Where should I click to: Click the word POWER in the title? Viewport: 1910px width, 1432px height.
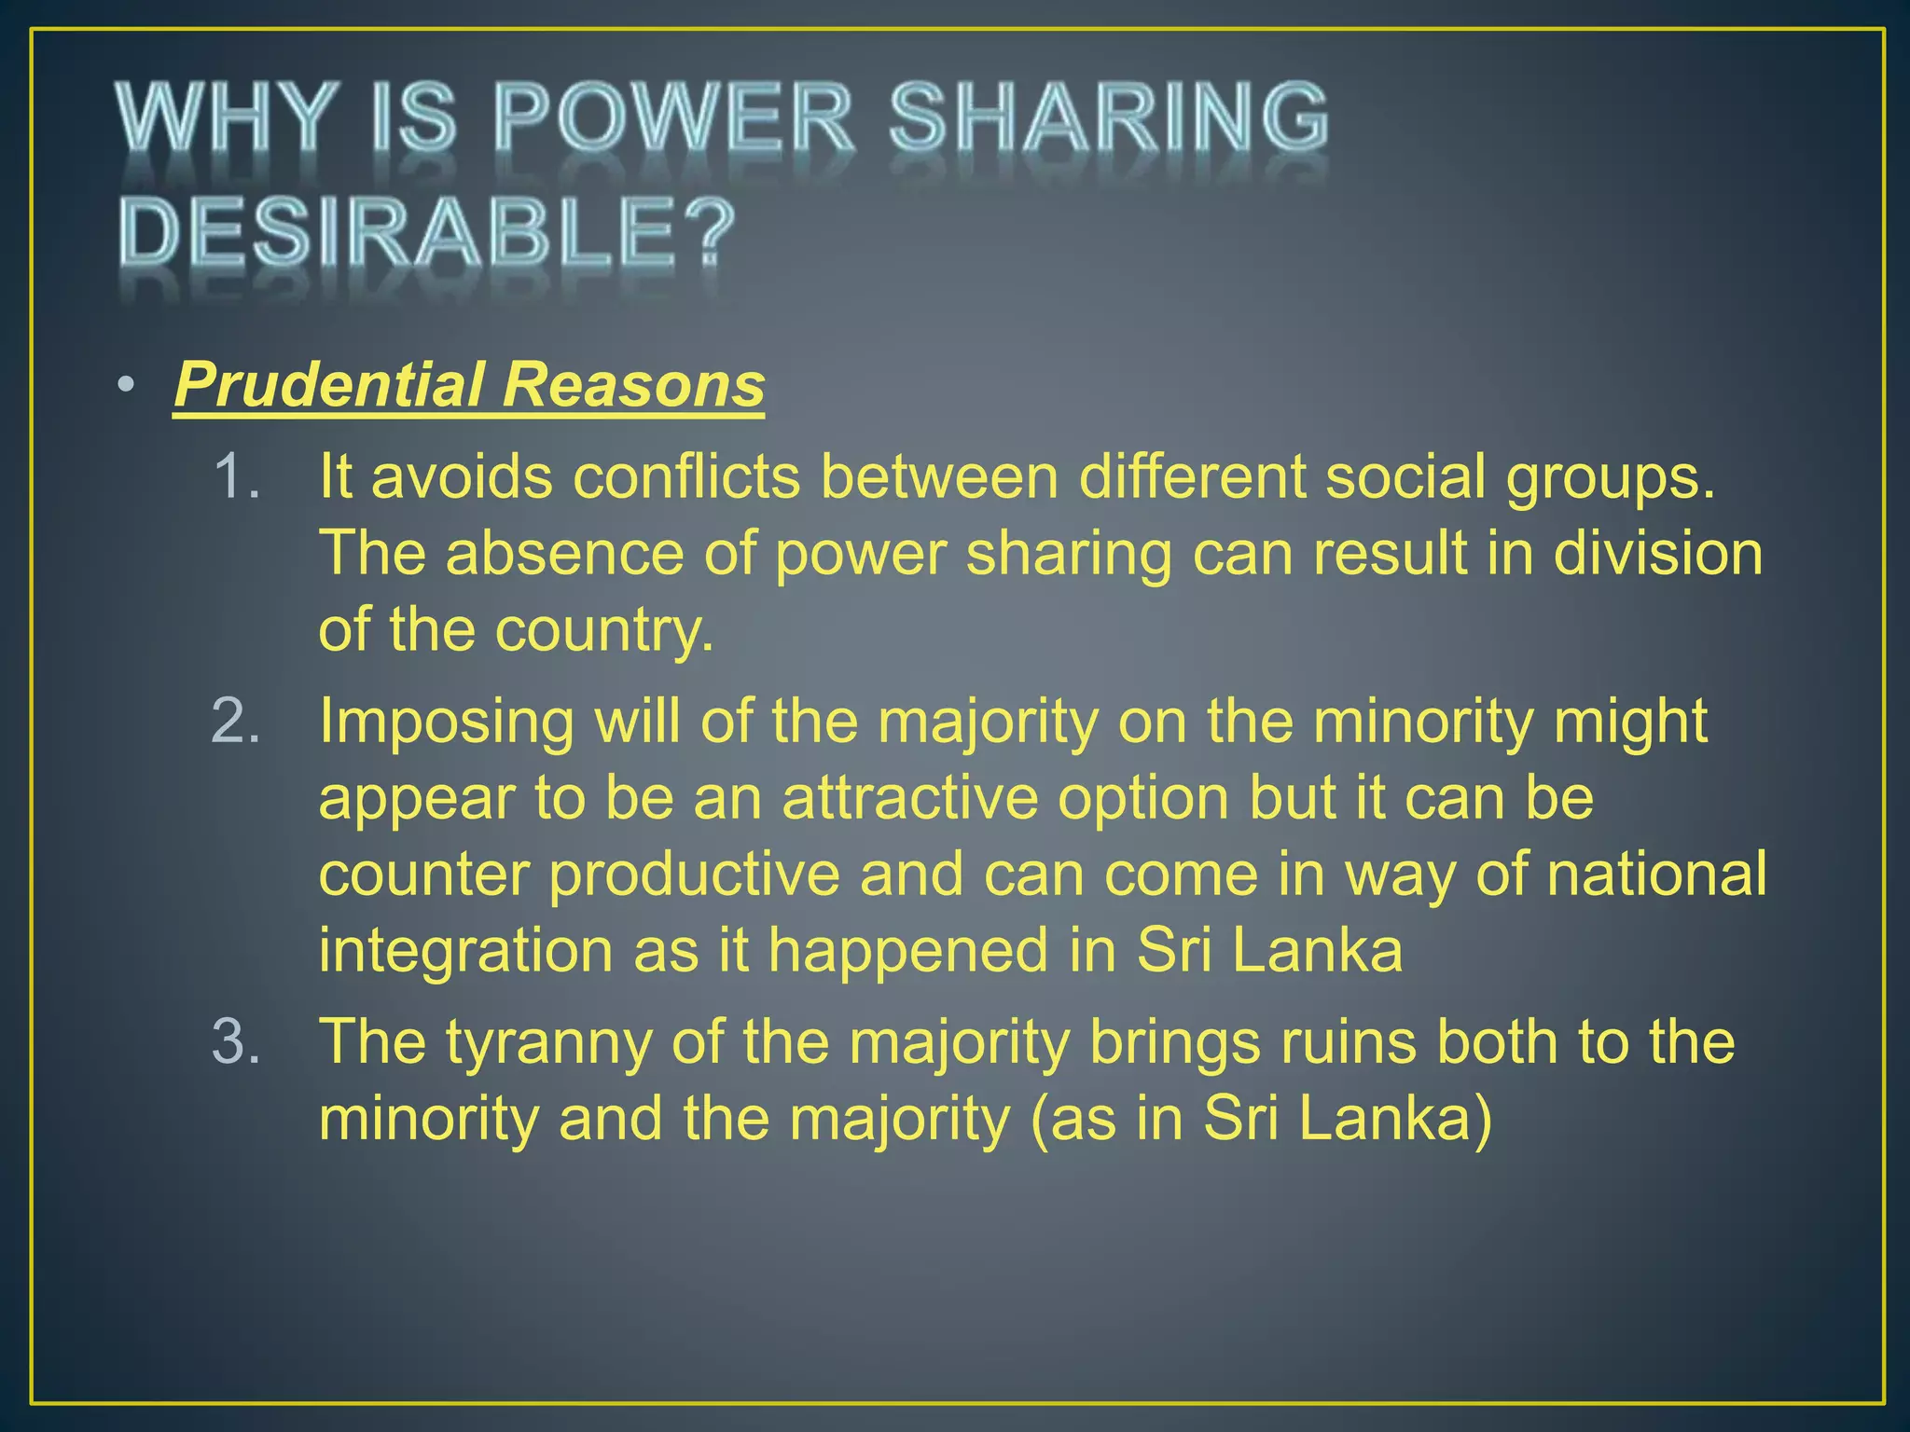[x=671, y=118]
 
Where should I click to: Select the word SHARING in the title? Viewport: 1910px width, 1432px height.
[x=1108, y=118]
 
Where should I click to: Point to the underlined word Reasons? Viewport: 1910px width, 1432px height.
[x=633, y=385]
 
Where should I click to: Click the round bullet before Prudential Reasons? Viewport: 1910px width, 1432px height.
[x=127, y=386]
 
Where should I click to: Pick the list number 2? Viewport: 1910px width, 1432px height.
[x=235, y=722]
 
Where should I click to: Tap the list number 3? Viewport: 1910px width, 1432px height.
[x=235, y=1041]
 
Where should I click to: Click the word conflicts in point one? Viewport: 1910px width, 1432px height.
[x=686, y=476]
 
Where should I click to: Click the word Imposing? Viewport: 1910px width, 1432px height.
[x=446, y=723]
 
